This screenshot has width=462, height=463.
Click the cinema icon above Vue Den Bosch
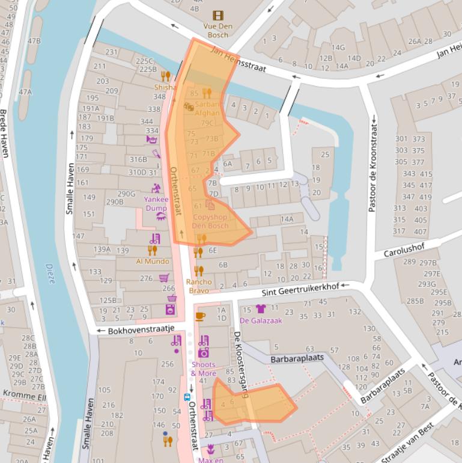(217, 16)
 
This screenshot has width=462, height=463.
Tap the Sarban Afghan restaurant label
(207, 108)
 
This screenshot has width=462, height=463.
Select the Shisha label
(165, 87)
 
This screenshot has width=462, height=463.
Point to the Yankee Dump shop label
(156, 203)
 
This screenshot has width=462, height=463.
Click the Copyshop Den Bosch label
(210, 221)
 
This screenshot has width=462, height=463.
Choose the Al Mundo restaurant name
(153, 262)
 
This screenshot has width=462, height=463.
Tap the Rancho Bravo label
(199, 286)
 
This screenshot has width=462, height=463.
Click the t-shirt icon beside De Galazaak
(260, 309)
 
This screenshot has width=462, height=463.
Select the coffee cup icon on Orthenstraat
(200, 316)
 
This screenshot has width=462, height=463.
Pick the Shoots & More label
(204, 369)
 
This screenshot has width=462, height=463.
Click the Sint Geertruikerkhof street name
(300, 290)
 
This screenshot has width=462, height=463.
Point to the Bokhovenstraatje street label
(141, 330)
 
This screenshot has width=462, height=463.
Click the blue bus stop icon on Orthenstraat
(187, 397)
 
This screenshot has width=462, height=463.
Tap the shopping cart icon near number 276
(163, 278)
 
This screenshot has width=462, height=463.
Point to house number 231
(111, 52)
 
